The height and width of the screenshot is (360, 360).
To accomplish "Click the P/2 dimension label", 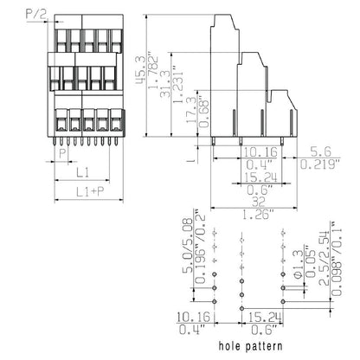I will (x=14, y=14).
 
